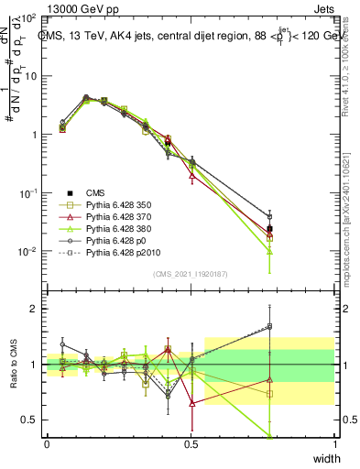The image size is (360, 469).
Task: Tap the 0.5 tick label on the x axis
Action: click(x=191, y=443)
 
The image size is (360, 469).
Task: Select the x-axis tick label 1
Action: click(x=335, y=443)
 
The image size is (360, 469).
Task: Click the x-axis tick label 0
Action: click(x=47, y=443)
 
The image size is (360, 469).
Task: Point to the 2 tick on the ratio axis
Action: click(x=32, y=309)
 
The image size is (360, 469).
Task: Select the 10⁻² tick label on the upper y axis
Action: click(x=27, y=252)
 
